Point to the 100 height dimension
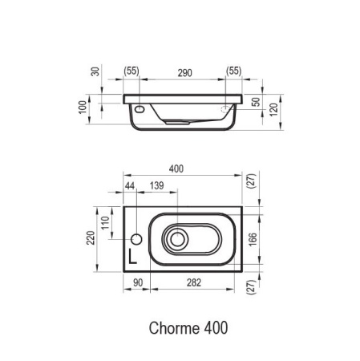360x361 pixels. click(82, 108)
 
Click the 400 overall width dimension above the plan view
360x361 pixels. click(177, 168)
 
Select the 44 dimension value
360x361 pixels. click(129, 186)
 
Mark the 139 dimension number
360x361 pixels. click(157, 186)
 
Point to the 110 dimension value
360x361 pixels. click(103, 221)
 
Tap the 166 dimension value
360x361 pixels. click(253, 238)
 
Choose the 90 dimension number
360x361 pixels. click(137, 282)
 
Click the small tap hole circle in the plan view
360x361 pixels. click(136, 238)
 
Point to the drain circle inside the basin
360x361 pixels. click(178, 238)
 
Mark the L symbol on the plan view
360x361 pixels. click(134, 257)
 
